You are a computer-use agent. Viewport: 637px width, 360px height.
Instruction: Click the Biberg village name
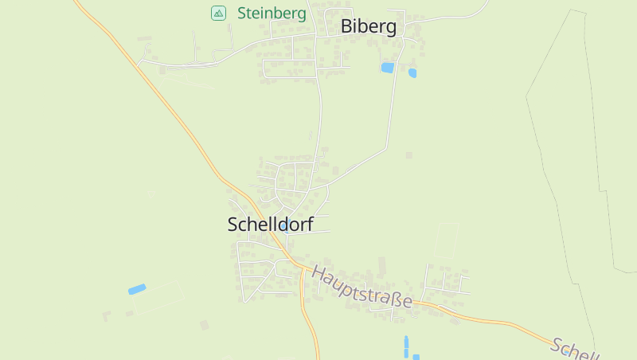(368, 26)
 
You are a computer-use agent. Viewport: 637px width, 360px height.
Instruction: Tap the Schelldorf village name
(270, 225)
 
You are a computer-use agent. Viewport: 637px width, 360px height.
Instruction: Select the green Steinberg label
(272, 14)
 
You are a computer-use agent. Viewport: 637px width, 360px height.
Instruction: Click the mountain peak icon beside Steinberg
(218, 13)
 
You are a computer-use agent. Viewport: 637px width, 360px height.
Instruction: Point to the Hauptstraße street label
(361, 287)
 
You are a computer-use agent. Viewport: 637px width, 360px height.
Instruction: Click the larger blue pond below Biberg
(388, 68)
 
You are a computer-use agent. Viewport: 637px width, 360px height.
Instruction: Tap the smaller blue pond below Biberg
(412, 73)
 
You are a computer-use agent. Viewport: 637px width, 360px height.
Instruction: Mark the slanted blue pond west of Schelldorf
(137, 289)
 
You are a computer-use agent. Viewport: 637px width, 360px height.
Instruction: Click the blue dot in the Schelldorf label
(283, 226)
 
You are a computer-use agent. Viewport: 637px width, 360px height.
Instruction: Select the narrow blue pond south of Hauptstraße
(406, 346)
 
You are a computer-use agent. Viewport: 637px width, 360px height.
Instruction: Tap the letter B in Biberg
(346, 26)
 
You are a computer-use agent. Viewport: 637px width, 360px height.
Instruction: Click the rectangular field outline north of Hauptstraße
(447, 240)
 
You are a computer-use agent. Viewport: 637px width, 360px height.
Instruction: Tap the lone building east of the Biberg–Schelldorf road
(409, 155)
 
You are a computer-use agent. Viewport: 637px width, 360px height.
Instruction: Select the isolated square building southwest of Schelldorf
(204, 325)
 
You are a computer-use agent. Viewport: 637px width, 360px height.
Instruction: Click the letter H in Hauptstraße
(318, 273)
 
